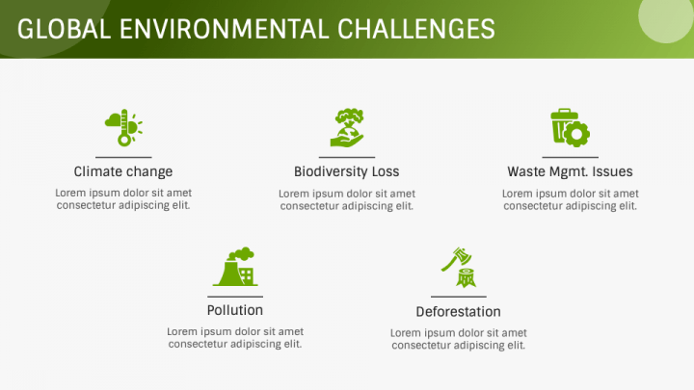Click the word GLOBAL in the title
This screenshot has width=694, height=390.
(x=65, y=29)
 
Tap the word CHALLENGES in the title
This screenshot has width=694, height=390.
(x=416, y=29)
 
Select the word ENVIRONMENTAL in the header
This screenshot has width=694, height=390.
(x=224, y=29)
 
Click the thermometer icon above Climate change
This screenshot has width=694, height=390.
(x=123, y=127)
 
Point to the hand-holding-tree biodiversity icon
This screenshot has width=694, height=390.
(x=347, y=127)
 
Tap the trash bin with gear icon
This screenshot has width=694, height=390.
(x=570, y=127)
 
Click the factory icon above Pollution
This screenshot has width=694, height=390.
(x=235, y=266)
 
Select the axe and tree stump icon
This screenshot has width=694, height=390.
(x=459, y=267)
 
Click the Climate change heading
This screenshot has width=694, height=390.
(x=123, y=171)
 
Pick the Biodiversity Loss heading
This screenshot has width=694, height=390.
(x=347, y=171)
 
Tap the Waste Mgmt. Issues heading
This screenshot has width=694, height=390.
(x=570, y=171)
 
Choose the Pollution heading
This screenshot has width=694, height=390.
(x=235, y=310)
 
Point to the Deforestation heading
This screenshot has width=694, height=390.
(x=459, y=312)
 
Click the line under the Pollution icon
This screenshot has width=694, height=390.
(x=235, y=297)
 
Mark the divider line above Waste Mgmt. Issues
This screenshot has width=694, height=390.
(x=570, y=157)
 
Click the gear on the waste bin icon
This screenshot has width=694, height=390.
(x=576, y=134)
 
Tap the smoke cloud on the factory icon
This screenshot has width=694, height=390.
(x=241, y=254)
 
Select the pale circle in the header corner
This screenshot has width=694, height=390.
(x=665, y=17)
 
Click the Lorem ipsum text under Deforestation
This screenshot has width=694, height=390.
(x=459, y=339)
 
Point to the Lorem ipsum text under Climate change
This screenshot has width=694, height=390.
(x=123, y=199)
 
